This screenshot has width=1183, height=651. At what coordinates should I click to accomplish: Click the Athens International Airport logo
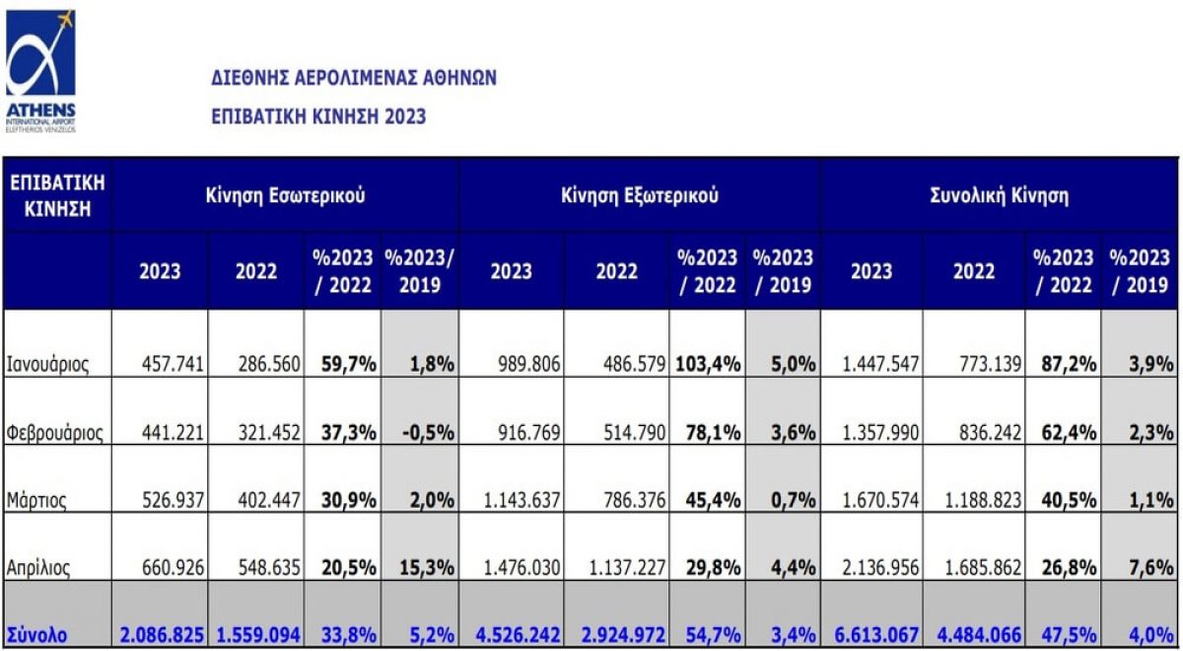click(x=40, y=69)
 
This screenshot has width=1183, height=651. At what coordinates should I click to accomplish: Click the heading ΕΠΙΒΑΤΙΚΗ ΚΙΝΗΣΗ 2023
click(x=318, y=116)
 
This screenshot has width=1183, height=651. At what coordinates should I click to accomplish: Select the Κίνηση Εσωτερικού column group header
click(x=285, y=195)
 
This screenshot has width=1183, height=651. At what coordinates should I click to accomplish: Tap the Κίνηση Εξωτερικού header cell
click(x=639, y=195)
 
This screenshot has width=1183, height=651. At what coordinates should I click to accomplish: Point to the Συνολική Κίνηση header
click(x=1000, y=195)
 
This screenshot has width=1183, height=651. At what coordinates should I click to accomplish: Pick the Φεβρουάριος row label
click(x=55, y=432)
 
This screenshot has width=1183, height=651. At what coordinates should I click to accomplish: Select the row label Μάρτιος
click(x=36, y=500)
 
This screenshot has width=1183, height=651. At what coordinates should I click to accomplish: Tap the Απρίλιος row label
click(x=40, y=568)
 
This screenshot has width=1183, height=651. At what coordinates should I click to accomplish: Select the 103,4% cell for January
click(x=708, y=364)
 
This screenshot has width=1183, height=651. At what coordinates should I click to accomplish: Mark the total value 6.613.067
click(x=870, y=635)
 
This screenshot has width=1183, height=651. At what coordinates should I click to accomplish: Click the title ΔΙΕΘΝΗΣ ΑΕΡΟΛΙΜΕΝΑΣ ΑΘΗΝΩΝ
click(x=354, y=78)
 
